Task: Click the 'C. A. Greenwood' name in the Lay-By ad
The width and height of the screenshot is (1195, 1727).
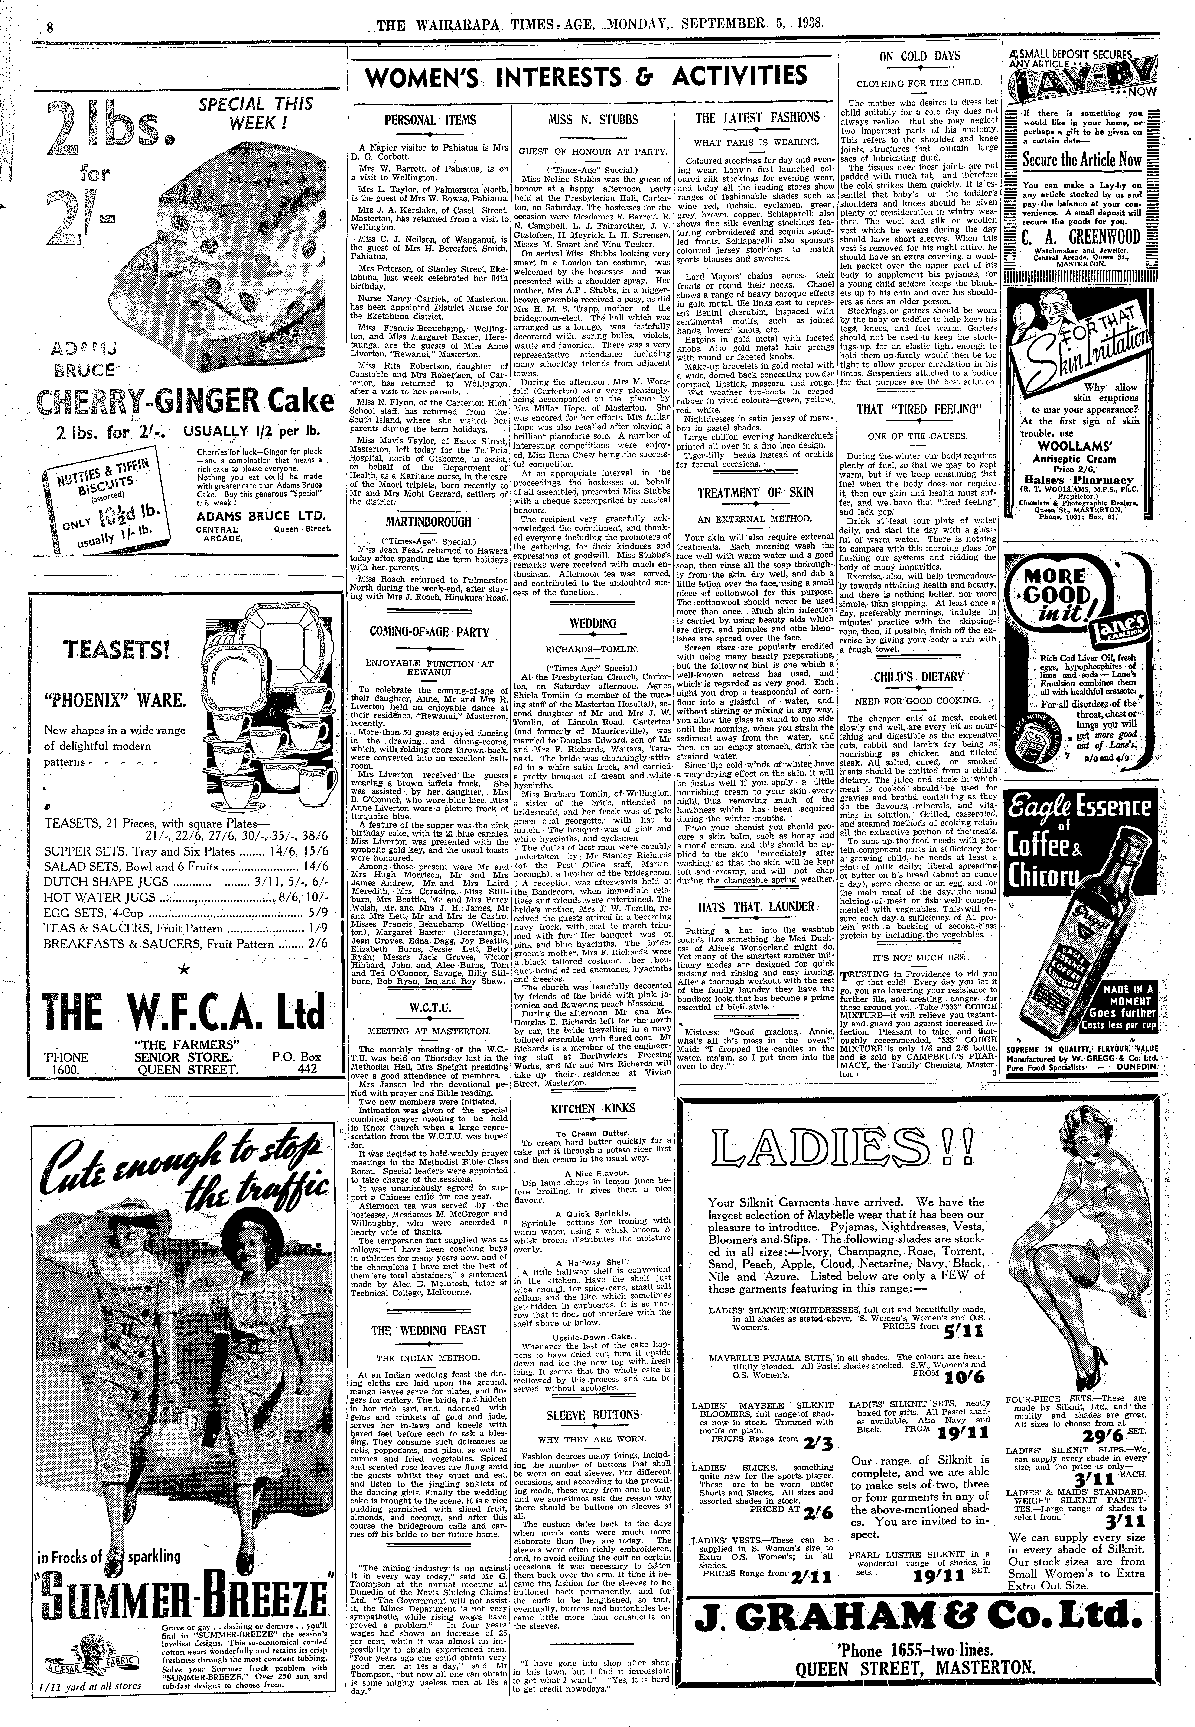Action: pyautogui.click(x=1083, y=238)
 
